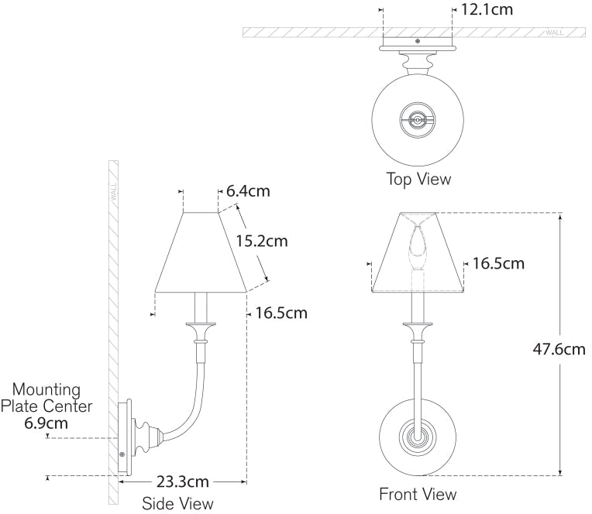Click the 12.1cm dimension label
(487, 10)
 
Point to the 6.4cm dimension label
(248, 190)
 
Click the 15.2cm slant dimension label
(261, 241)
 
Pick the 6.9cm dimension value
(46, 423)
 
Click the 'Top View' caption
(418, 180)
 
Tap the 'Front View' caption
(418, 493)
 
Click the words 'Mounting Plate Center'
(46, 397)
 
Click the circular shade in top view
(418, 119)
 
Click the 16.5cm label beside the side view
(281, 313)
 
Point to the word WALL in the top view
(555, 33)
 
